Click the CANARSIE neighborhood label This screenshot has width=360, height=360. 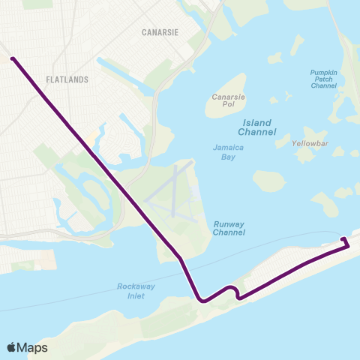[x=159, y=32]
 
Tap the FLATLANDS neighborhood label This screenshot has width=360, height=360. [x=67, y=79]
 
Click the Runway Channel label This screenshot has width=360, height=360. [x=229, y=228]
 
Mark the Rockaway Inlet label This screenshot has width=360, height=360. [x=135, y=290]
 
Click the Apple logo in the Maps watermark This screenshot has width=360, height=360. [x=12, y=347]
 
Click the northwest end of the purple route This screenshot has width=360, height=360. [x=12, y=57]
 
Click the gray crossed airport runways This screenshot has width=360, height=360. [x=172, y=191]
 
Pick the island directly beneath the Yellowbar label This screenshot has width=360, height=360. [x=305, y=154]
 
